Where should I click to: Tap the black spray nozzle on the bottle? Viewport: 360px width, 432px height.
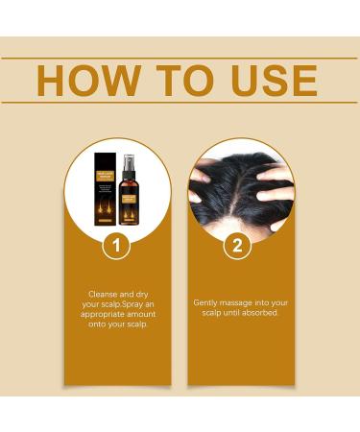(129, 161)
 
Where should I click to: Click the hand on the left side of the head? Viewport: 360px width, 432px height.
(200, 182)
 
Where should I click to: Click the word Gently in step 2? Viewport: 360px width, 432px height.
(206, 301)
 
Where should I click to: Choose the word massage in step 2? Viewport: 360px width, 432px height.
(238, 301)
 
